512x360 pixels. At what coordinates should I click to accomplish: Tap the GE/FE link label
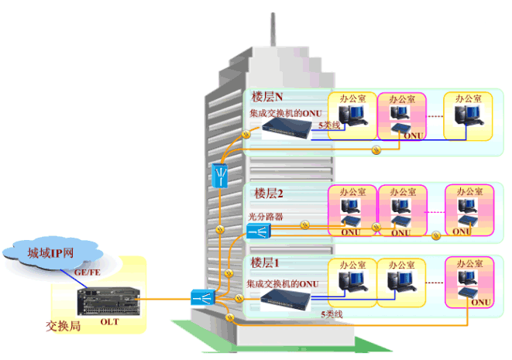(x=87, y=273)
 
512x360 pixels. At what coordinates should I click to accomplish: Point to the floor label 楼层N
(x=268, y=98)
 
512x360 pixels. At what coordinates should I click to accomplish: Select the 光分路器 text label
(x=266, y=216)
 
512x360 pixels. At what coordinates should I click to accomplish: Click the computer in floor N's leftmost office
(x=353, y=116)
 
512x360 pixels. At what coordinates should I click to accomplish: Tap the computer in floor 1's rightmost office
(x=468, y=274)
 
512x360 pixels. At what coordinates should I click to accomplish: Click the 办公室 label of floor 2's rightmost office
(x=469, y=191)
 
